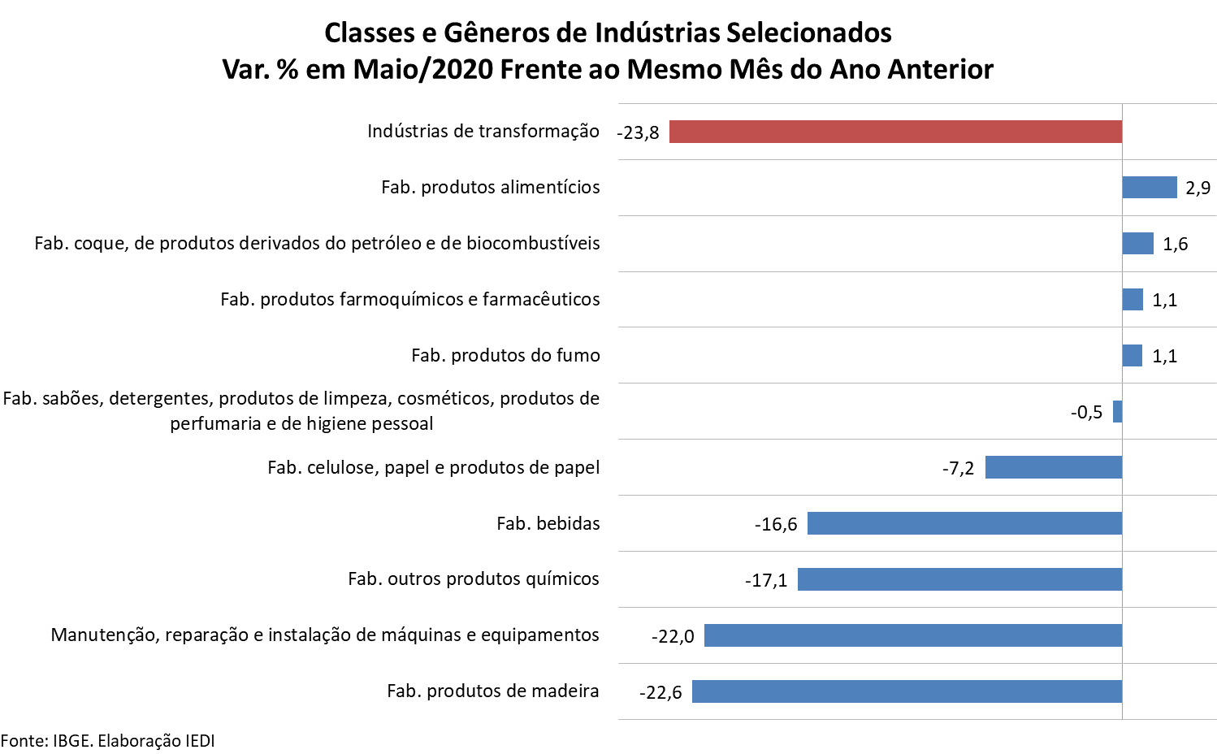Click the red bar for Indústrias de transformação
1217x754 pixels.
895,132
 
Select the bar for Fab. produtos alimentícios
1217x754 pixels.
1149,188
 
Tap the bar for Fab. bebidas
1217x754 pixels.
964,523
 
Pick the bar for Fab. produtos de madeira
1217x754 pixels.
907,691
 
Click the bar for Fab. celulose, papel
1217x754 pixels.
1053,467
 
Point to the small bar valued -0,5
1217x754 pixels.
1117,412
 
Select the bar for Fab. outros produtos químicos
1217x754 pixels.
959,579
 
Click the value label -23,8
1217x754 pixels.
638,132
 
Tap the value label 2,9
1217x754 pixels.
1198,188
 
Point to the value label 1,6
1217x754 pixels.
1175,245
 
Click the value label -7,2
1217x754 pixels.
958,469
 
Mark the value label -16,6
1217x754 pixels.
776,525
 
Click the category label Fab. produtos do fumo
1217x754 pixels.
505,355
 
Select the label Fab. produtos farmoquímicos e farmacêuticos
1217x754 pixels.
410,300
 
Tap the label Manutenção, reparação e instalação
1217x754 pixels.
325,635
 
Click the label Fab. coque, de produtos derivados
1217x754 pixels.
317,244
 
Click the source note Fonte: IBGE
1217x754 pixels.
107,741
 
